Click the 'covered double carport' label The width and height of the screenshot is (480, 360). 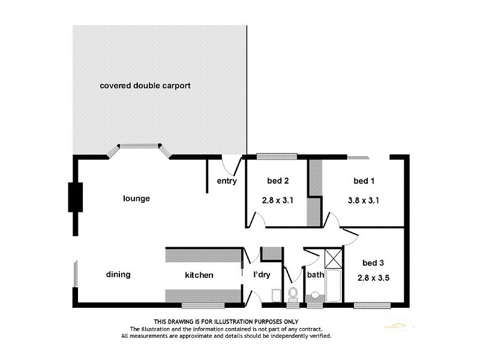click(145, 86)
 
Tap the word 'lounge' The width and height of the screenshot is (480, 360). click(136, 199)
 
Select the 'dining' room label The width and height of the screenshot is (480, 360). click(118, 275)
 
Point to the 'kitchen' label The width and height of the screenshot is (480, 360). click(199, 275)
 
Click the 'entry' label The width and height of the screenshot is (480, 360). click(227, 181)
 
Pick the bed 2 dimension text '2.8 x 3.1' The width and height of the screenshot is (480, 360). click(277, 201)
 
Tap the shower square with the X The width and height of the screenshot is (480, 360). click(332, 258)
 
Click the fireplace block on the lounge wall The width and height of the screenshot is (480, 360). click(76, 197)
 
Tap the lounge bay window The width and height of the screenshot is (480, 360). click(139, 146)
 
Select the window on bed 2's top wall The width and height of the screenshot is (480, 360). click(277, 157)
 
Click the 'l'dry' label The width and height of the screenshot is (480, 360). click(262, 275)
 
